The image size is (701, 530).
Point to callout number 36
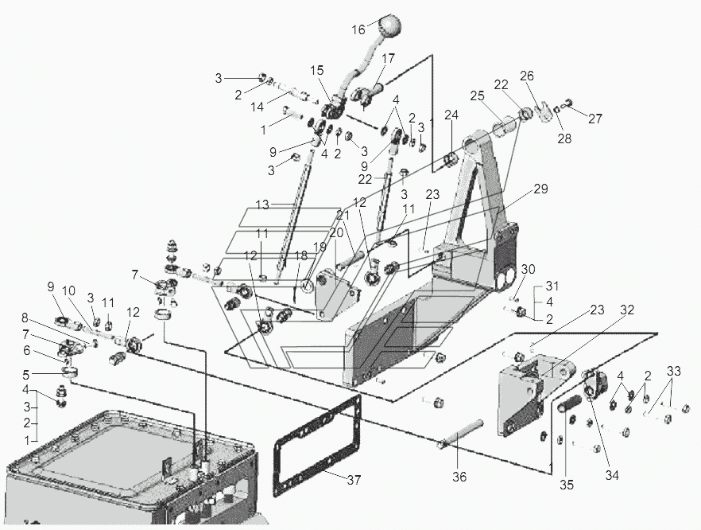click(459, 477)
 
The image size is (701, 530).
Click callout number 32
click(627, 310)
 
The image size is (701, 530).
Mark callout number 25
click(477, 96)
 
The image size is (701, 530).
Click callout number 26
click(526, 76)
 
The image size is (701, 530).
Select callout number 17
click(388, 58)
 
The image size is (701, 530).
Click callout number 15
click(319, 71)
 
